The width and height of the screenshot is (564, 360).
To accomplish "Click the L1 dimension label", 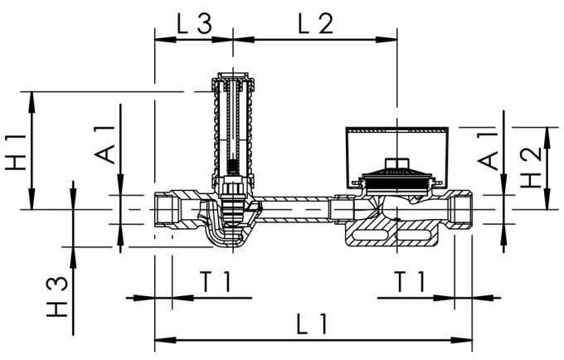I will (x=312, y=324).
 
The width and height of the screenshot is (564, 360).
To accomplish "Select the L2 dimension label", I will (x=315, y=22).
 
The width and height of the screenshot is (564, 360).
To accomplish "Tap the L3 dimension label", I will (x=193, y=22).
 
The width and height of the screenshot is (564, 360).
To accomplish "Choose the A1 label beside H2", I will (x=489, y=149).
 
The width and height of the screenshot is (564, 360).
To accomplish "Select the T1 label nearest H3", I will (x=214, y=282).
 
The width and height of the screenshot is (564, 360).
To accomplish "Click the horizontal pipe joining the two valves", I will (x=294, y=210).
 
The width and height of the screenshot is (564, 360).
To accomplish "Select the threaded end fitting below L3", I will (x=170, y=210).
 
